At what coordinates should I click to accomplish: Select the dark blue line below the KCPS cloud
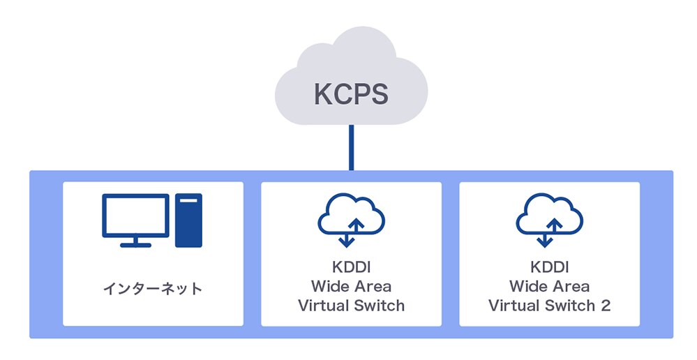[352, 147]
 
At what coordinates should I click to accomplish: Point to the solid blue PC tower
[188, 220]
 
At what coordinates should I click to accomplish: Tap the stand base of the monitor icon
[135, 244]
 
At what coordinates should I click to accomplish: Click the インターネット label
[153, 287]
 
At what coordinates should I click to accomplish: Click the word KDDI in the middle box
[351, 267]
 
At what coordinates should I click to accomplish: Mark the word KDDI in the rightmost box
[549, 267]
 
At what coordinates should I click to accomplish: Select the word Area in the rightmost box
[571, 286]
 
